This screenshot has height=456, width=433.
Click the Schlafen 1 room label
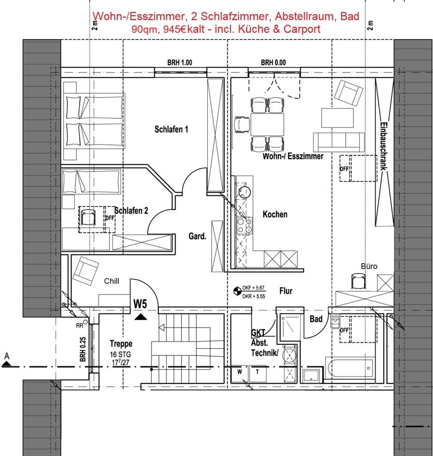[x=171, y=129]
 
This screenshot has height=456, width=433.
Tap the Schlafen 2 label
[x=131, y=210]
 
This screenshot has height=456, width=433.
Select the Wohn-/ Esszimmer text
[x=293, y=156]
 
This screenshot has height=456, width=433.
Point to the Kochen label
[x=275, y=214]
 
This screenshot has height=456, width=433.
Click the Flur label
[x=286, y=291]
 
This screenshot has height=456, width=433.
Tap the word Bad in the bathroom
[x=316, y=319]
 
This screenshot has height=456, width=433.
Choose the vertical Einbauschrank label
[x=384, y=146]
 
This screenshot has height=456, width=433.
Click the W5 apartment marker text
[x=140, y=304]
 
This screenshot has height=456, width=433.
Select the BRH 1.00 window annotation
[x=180, y=63]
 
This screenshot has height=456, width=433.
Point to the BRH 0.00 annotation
[x=273, y=63]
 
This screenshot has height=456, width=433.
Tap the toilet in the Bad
[x=335, y=322]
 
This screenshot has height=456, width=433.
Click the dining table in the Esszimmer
[x=267, y=124]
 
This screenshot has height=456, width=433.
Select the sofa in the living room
[x=339, y=142]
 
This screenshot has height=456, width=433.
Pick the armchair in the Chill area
[x=85, y=271]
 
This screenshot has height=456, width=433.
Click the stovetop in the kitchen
[x=244, y=226]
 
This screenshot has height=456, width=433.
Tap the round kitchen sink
[x=245, y=192]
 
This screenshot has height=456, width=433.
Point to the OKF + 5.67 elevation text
[x=253, y=288]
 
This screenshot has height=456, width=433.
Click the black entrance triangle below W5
[x=141, y=317]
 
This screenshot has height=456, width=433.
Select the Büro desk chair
[x=358, y=281]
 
